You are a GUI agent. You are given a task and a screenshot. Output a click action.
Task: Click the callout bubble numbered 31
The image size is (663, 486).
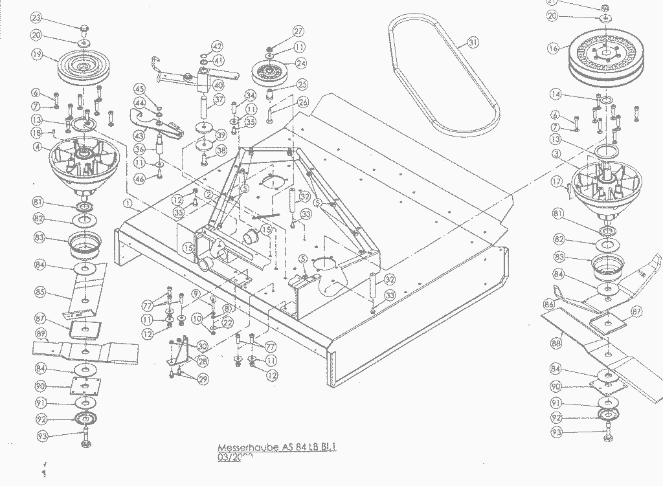click(473, 43)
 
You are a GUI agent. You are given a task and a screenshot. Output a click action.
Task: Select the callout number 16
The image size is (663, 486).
click(552, 48)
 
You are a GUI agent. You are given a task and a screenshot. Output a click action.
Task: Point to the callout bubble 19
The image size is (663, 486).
click(37, 56)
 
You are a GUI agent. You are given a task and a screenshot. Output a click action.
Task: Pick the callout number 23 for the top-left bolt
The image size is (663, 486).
click(36, 17)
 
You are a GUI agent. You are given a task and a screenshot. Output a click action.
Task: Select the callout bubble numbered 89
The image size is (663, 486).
click(40, 334)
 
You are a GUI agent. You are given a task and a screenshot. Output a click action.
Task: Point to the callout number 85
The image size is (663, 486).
click(40, 293)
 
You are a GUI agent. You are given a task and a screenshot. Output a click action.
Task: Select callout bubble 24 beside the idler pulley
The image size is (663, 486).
click(300, 63)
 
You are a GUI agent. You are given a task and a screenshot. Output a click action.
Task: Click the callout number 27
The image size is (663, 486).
click(298, 32)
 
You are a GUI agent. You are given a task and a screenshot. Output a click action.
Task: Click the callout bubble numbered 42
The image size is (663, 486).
click(217, 47)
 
